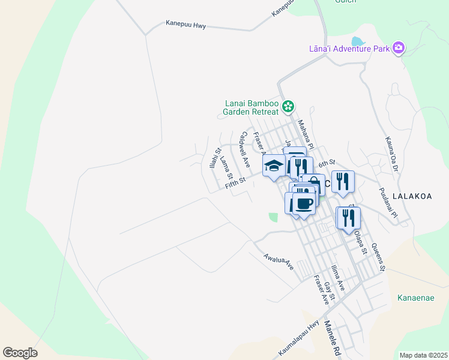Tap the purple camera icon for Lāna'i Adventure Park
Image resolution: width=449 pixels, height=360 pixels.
coord(398,48)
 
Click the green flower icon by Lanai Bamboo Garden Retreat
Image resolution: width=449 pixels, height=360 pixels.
coord(289,107)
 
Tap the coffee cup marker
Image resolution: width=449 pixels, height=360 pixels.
coord(304,202)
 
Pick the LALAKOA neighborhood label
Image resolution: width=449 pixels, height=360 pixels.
coord(412,196)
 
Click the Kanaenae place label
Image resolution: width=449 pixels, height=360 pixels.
coord(415,297)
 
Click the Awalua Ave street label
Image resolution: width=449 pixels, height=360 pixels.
coord(278,261)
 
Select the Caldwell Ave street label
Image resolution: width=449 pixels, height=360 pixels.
coord(244,149)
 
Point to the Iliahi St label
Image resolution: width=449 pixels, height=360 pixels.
coord(214,158)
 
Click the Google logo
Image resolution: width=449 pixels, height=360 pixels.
coord(20,353)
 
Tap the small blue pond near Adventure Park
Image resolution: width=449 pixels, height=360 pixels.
coord(357,42)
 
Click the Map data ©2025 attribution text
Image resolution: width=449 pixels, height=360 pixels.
coord(423,355)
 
